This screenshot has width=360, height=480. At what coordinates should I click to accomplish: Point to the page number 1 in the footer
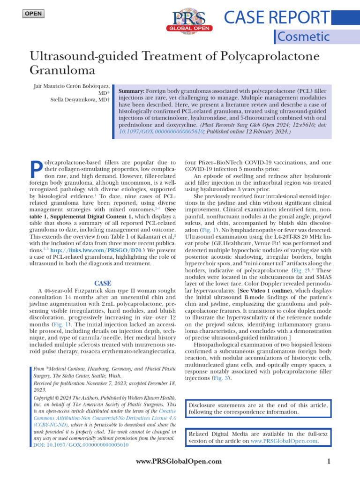329,461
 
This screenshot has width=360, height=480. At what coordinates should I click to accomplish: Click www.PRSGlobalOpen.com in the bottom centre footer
178,461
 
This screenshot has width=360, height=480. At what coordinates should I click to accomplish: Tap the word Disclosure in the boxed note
204,405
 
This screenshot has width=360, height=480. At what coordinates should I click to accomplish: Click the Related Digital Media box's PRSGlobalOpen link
285,441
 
